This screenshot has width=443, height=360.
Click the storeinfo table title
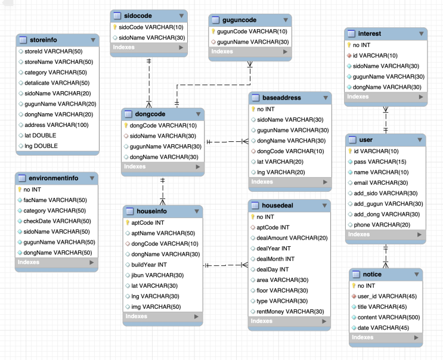coord(43,40)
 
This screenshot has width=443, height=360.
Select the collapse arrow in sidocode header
coord(181,16)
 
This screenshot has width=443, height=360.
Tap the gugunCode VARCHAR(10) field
coord(252,32)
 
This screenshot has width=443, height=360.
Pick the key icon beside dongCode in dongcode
coord(126,125)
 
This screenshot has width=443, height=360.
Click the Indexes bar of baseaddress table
coord(290,182)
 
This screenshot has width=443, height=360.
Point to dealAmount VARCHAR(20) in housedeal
coord(292,238)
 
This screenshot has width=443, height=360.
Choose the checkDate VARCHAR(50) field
coord(57,221)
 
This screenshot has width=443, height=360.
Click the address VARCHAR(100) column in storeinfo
coord(57,125)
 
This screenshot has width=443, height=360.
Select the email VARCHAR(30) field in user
coord(381,183)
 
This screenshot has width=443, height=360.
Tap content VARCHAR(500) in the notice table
coord(389,317)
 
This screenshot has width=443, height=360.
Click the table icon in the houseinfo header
coord(129,211)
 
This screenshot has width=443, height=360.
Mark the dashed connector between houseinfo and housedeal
coord(226,265)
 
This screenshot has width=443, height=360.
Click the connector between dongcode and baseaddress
coord(227,141)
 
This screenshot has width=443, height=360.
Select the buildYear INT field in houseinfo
coord(149,265)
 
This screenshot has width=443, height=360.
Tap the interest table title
coord(370,33)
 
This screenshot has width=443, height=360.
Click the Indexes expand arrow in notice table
coord(416,337)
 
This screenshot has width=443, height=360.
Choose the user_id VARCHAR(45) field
coord(387,296)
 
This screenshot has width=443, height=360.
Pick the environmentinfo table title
coord(54,178)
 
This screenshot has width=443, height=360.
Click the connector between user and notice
coord(386,256)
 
